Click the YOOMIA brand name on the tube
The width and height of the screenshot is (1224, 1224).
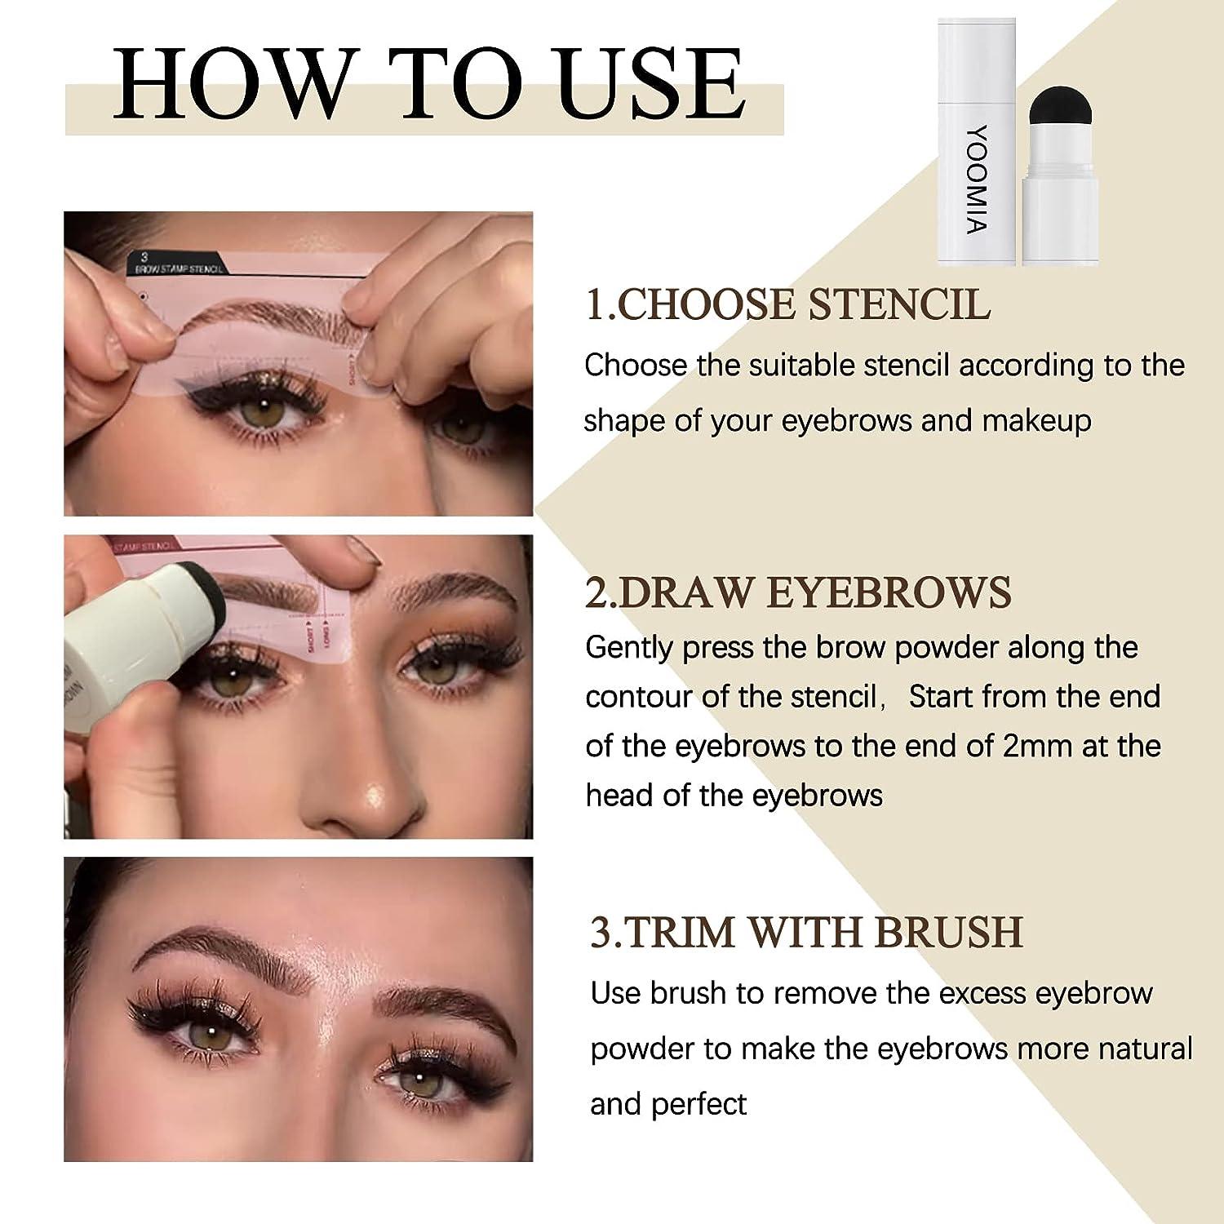pos(976,179)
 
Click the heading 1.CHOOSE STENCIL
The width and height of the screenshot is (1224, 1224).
pos(787,305)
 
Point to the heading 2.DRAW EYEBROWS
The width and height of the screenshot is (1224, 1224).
pos(798,592)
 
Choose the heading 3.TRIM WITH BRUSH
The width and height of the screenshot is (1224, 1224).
pos(806,932)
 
